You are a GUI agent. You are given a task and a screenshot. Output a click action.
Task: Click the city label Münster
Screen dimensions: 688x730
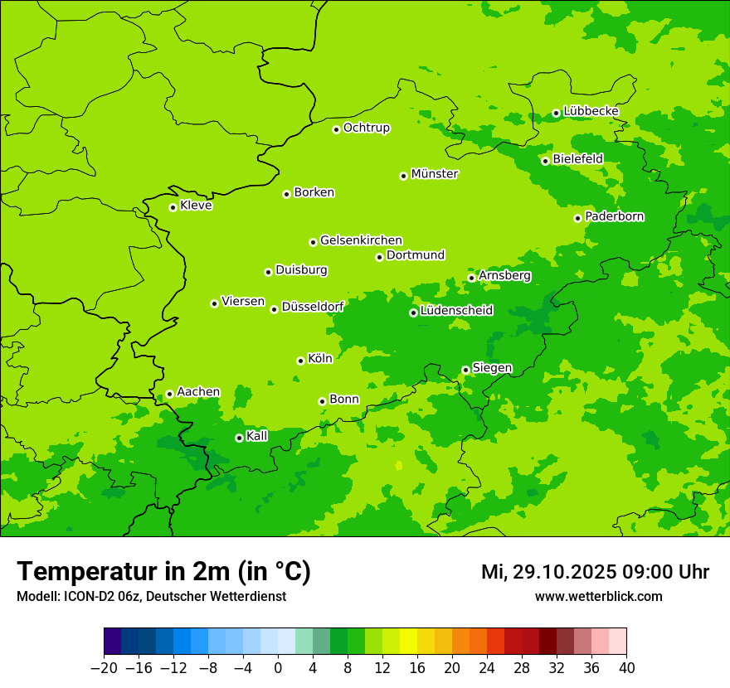point(435,174)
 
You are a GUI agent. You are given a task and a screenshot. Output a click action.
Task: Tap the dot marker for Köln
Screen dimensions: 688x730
point(300,361)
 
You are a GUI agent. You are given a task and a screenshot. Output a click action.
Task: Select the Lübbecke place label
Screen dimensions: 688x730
point(591,111)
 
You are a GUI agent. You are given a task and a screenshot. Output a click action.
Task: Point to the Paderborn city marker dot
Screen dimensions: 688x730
point(577,218)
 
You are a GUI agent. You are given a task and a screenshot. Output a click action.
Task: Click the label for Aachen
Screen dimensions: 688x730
point(198,392)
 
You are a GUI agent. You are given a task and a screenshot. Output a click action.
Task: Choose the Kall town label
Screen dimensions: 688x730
point(257,436)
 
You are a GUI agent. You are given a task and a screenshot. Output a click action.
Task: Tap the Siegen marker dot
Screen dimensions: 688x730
point(465,370)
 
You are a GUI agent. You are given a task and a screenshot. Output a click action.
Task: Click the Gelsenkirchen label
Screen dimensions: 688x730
point(361,240)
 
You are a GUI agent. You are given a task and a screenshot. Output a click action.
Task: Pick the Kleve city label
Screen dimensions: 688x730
point(196,206)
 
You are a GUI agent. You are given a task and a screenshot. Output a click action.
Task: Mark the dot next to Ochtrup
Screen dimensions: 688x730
point(336,128)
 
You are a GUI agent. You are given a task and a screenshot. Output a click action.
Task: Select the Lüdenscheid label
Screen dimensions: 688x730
point(456,311)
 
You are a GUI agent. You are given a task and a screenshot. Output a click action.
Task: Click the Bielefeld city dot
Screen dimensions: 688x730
point(545,161)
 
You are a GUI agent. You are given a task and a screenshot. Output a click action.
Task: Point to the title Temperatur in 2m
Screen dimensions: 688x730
point(163,571)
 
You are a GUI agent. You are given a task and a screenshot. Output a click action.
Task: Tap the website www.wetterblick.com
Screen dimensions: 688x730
point(598,596)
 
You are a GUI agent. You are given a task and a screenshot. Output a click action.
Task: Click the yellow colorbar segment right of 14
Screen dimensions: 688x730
point(408,642)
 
